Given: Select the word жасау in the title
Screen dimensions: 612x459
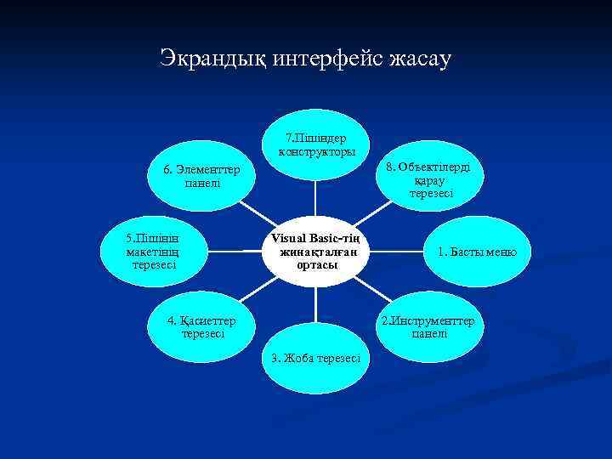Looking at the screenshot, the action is [422, 59].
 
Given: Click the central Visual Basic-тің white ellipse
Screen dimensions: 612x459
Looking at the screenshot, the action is [316, 251].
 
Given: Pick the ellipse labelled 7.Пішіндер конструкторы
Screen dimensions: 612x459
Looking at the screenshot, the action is [316, 144].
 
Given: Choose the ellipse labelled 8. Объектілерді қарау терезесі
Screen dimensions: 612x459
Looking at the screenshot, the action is [432, 179].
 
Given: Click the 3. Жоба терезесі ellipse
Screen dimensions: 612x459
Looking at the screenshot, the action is [315, 358].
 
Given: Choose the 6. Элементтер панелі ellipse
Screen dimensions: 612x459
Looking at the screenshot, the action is [202, 177].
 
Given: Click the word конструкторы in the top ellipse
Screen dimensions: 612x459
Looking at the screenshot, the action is [316, 151].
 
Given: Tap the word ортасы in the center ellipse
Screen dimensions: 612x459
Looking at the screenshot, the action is [316, 264].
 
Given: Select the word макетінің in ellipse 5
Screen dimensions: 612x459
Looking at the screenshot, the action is [152, 252].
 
